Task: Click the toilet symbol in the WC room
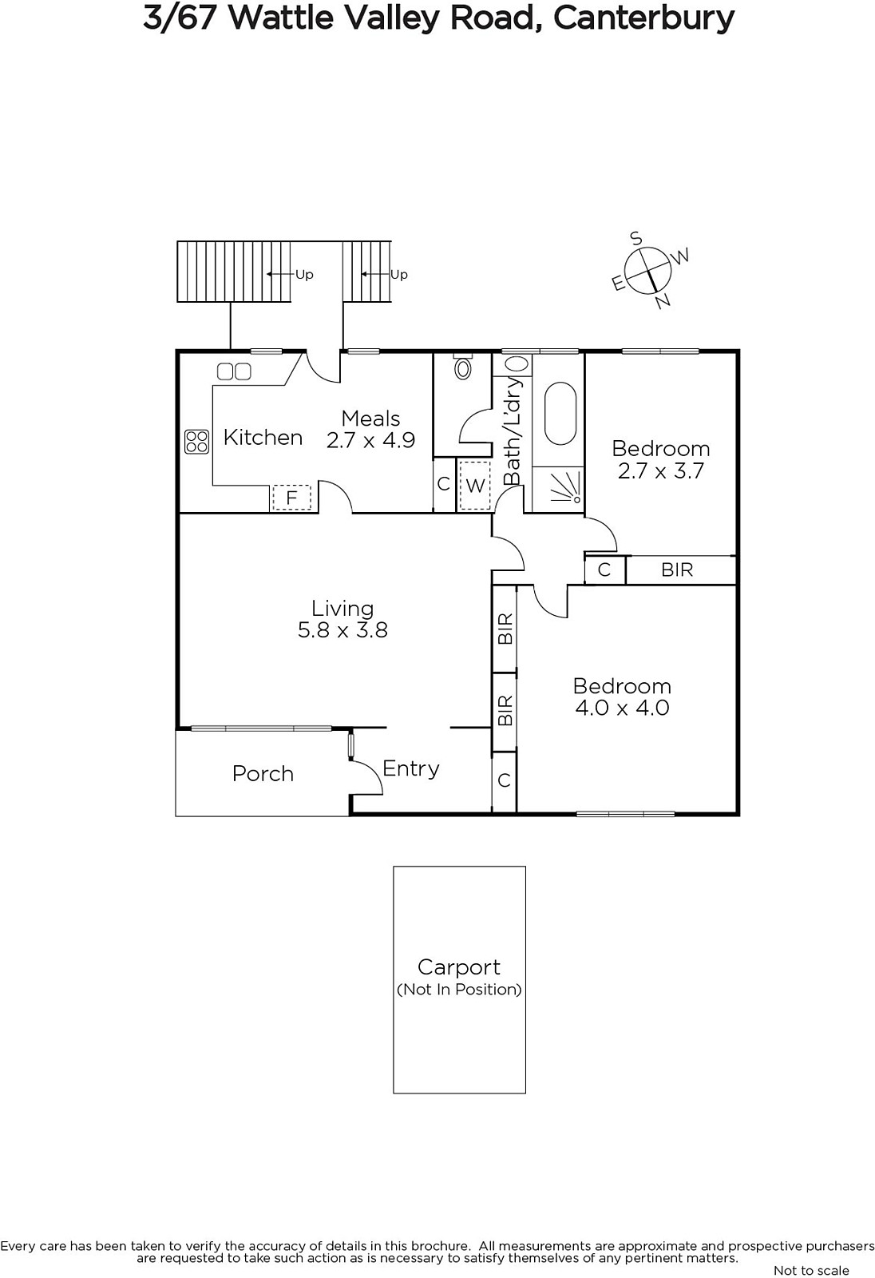pyautogui.click(x=462, y=367)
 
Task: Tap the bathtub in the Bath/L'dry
pyautogui.click(x=560, y=412)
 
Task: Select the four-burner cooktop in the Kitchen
pyautogui.click(x=196, y=442)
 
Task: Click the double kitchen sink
pyautogui.click(x=234, y=372)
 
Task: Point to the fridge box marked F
pyautogui.click(x=291, y=498)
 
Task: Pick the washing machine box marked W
pyautogui.click(x=474, y=485)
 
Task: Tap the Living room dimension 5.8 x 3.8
pyautogui.click(x=342, y=630)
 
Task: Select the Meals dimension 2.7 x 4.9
pyautogui.click(x=370, y=440)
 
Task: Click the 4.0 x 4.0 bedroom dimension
pyautogui.click(x=622, y=708)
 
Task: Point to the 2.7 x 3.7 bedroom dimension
pyautogui.click(x=661, y=470)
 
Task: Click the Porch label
pyautogui.click(x=263, y=774)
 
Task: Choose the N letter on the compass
pyautogui.click(x=663, y=300)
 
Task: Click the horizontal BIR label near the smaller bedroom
pyautogui.click(x=677, y=570)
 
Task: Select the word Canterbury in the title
pyautogui.click(x=643, y=19)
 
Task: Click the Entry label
pyautogui.click(x=410, y=769)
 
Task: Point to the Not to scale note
pyautogui.click(x=811, y=1270)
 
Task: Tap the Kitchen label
pyautogui.click(x=263, y=438)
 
